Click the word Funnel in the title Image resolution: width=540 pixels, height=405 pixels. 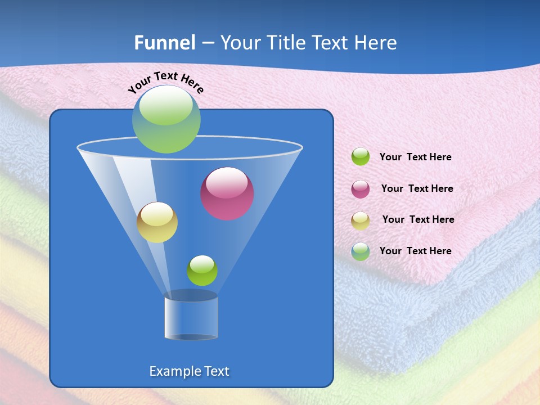pos(165,43)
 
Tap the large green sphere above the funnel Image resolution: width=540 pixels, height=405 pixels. pos(166,119)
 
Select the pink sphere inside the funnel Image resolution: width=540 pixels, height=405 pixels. pos(227,194)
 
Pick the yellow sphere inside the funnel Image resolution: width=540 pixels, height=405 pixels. pos(157,222)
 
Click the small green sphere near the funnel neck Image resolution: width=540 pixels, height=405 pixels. pos(202,271)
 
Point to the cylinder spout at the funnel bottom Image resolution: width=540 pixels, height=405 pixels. pos(191,316)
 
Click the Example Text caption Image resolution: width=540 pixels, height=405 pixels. pos(189,371)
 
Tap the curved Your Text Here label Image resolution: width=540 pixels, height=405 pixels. pos(165,82)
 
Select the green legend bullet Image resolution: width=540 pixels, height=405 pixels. pos(361,157)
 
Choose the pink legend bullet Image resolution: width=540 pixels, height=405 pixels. pos(361,188)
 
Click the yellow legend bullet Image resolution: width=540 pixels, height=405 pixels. pos(361,220)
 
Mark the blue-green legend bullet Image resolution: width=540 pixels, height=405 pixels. pos(361,251)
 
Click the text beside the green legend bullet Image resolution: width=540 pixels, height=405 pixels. pos(415,157)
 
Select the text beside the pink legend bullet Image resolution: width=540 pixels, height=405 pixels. pos(417,188)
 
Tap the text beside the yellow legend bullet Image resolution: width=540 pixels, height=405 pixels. pos(418,219)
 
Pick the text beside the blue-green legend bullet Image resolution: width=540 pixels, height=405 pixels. pos(415,251)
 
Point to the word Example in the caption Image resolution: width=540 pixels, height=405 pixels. pos(173,371)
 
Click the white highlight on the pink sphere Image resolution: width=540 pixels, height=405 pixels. pos(227,183)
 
